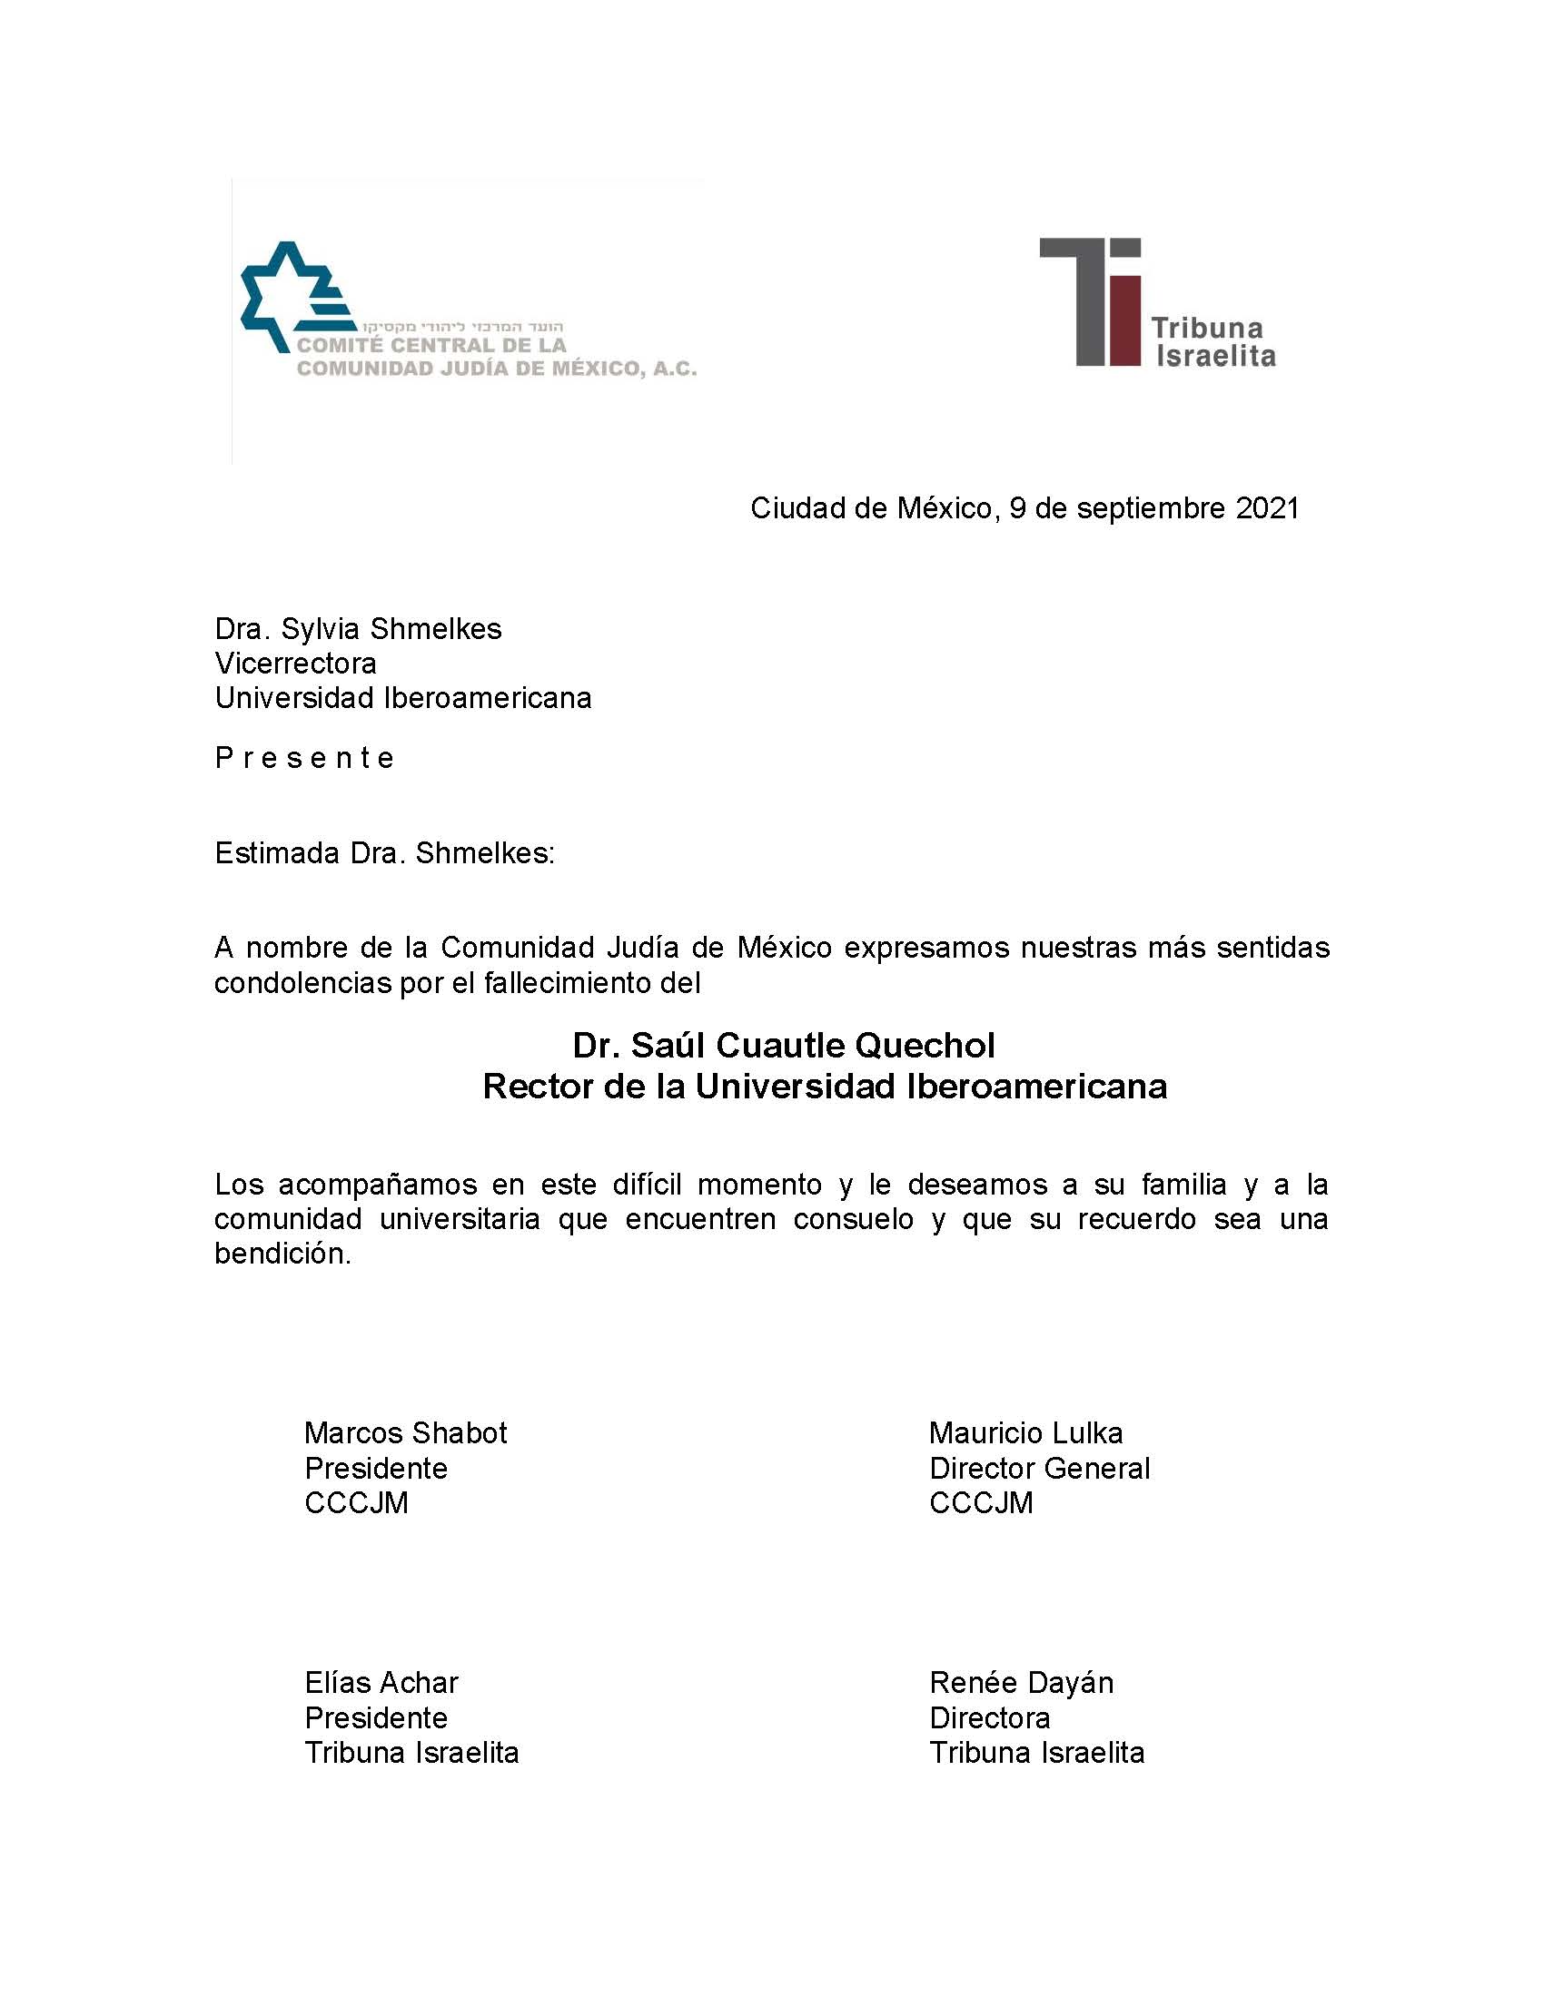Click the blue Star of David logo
click(291, 297)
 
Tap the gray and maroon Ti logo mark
click(1092, 301)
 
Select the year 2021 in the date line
click(1267, 508)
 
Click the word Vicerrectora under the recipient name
click(295, 663)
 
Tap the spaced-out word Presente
click(303, 758)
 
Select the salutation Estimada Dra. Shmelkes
click(384, 853)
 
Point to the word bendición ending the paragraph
click(282, 1254)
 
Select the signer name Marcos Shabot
click(405, 1432)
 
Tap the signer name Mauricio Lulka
click(1025, 1432)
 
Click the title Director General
click(1039, 1469)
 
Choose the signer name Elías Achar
click(381, 1682)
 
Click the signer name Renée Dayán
click(1021, 1682)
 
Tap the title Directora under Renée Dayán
click(990, 1718)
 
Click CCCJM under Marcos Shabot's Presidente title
click(356, 1503)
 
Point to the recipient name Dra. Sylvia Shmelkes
click(358, 629)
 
